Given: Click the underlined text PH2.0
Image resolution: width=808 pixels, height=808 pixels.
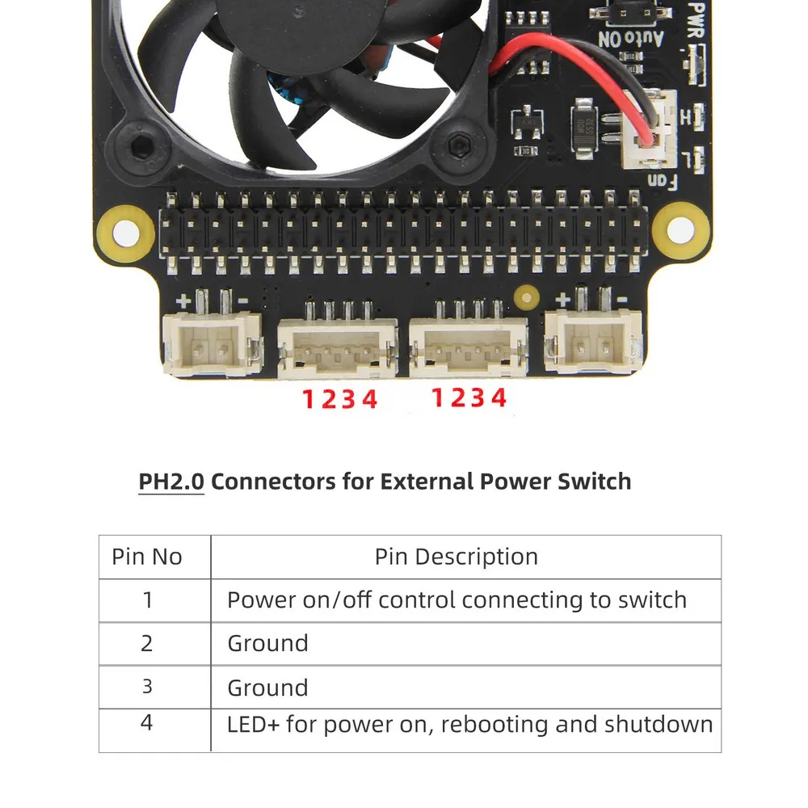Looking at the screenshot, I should click(x=170, y=482).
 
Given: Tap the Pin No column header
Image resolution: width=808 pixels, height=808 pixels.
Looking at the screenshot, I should click(x=147, y=557).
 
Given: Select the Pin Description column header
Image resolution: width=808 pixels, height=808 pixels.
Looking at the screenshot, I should click(x=456, y=557).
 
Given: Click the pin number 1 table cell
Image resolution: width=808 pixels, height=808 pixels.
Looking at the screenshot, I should click(x=147, y=600).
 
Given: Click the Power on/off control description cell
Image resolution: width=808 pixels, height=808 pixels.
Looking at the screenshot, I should click(x=457, y=600).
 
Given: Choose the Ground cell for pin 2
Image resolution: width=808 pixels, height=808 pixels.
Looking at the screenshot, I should click(x=267, y=644).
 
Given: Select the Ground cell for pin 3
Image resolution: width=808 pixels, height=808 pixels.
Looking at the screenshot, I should click(x=267, y=688).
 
